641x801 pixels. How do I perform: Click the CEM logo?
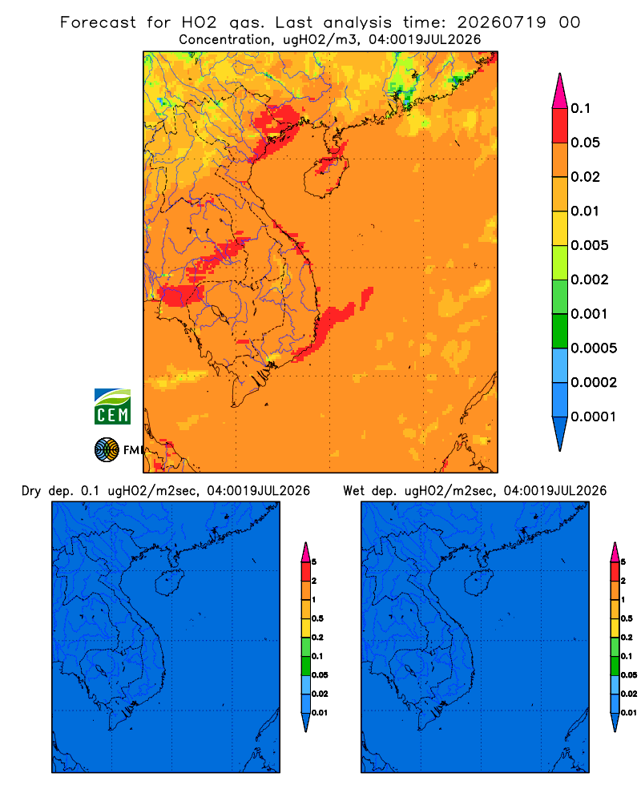(x=112, y=407)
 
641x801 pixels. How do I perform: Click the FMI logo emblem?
(x=107, y=449)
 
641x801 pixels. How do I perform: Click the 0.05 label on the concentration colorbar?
(x=585, y=143)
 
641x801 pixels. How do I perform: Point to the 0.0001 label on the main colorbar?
(x=594, y=417)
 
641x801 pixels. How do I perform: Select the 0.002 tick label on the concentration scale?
(x=590, y=280)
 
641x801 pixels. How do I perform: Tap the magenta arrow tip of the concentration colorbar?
(x=560, y=91)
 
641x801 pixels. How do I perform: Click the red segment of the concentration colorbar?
(x=560, y=126)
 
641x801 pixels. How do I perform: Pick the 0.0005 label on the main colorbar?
(x=594, y=348)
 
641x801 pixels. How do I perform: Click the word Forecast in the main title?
(x=98, y=22)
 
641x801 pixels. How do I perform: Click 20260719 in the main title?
(x=501, y=22)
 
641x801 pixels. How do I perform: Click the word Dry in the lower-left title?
(x=31, y=491)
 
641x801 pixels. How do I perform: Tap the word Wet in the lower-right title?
(x=353, y=491)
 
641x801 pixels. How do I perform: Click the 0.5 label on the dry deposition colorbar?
(x=317, y=618)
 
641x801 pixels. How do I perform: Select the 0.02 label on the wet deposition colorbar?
(x=629, y=694)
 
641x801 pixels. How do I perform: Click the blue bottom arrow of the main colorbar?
(x=560, y=433)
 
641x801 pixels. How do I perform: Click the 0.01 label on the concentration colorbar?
(x=585, y=211)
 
